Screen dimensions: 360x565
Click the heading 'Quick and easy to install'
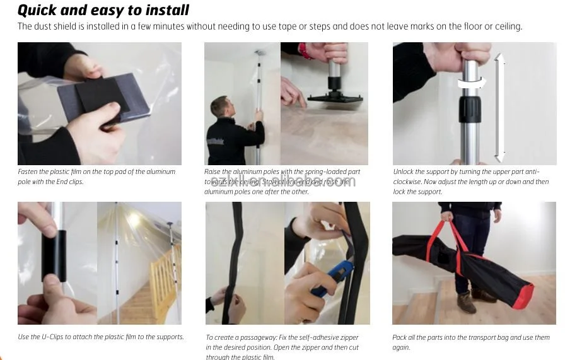(103, 10)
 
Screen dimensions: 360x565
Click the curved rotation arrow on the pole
(472, 81)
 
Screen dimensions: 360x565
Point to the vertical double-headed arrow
(499, 108)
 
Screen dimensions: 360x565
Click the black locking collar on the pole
(470, 110)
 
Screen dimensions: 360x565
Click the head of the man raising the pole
(219, 107)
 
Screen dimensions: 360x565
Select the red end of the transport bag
(523, 296)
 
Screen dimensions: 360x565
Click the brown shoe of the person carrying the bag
(467, 303)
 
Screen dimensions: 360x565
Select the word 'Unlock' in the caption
(404, 171)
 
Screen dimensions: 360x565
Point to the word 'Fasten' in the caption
(28, 171)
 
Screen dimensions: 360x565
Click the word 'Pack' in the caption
(399, 337)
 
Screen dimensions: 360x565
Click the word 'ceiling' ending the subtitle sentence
(508, 26)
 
